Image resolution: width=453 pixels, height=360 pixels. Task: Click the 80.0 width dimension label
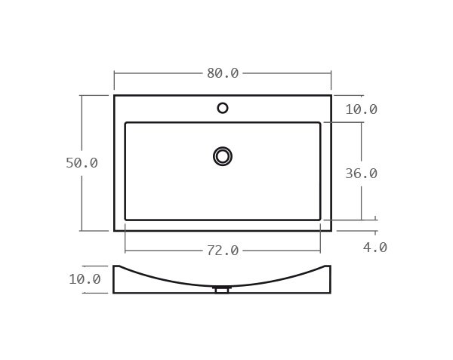coord(223,73)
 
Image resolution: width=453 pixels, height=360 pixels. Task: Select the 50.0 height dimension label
coord(82,163)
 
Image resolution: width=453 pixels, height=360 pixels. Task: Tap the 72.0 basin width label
coord(223,251)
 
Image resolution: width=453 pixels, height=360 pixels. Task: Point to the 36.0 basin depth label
coord(361,174)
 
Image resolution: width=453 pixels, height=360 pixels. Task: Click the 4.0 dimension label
coord(374,248)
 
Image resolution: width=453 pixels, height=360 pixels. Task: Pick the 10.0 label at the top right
coord(361,109)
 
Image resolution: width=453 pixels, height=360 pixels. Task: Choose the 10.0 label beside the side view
coord(85,279)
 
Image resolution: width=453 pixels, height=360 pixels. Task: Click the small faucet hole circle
coord(223,108)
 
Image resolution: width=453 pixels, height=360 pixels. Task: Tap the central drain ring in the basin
coord(223,156)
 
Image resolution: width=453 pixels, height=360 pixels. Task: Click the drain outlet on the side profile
coord(221,289)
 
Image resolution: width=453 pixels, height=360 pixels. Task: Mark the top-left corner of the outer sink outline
coord(115,96)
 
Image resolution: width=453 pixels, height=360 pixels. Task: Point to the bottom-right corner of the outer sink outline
coord(331,230)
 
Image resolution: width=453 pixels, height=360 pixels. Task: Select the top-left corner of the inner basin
coord(126,123)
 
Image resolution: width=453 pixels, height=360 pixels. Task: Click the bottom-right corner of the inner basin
coord(319,220)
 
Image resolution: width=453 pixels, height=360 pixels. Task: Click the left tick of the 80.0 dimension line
coord(115,73)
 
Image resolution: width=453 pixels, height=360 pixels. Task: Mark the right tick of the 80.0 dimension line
coord(331,73)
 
